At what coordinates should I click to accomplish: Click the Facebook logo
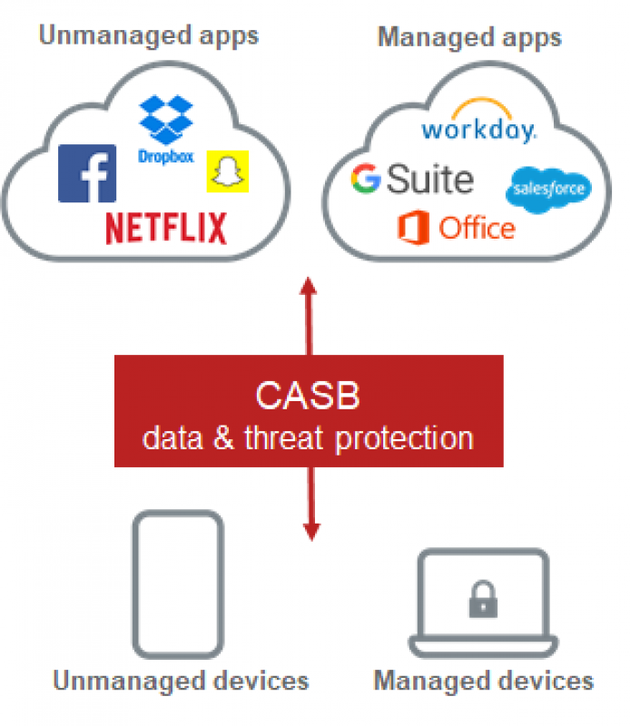[x=87, y=173]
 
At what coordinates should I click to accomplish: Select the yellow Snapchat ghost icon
[x=227, y=172]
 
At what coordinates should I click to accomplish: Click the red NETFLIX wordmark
[x=166, y=228]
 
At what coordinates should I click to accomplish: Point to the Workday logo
[x=478, y=127]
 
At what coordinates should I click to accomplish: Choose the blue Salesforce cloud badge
[x=547, y=188]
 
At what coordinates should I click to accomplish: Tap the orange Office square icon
[x=413, y=227]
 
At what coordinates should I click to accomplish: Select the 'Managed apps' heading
[x=469, y=37]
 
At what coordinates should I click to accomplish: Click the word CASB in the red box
[x=308, y=397]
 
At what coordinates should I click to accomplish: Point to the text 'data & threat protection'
[x=308, y=438]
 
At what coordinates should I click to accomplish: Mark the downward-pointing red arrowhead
[x=310, y=531]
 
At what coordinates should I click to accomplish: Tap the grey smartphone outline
[x=178, y=583]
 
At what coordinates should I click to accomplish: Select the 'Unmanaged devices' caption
[x=181, y=681]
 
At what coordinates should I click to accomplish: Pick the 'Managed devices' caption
[x=483, y=681]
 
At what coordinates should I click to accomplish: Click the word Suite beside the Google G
[x=430, y=180]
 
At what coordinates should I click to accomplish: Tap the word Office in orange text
[x=476, y=227]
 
